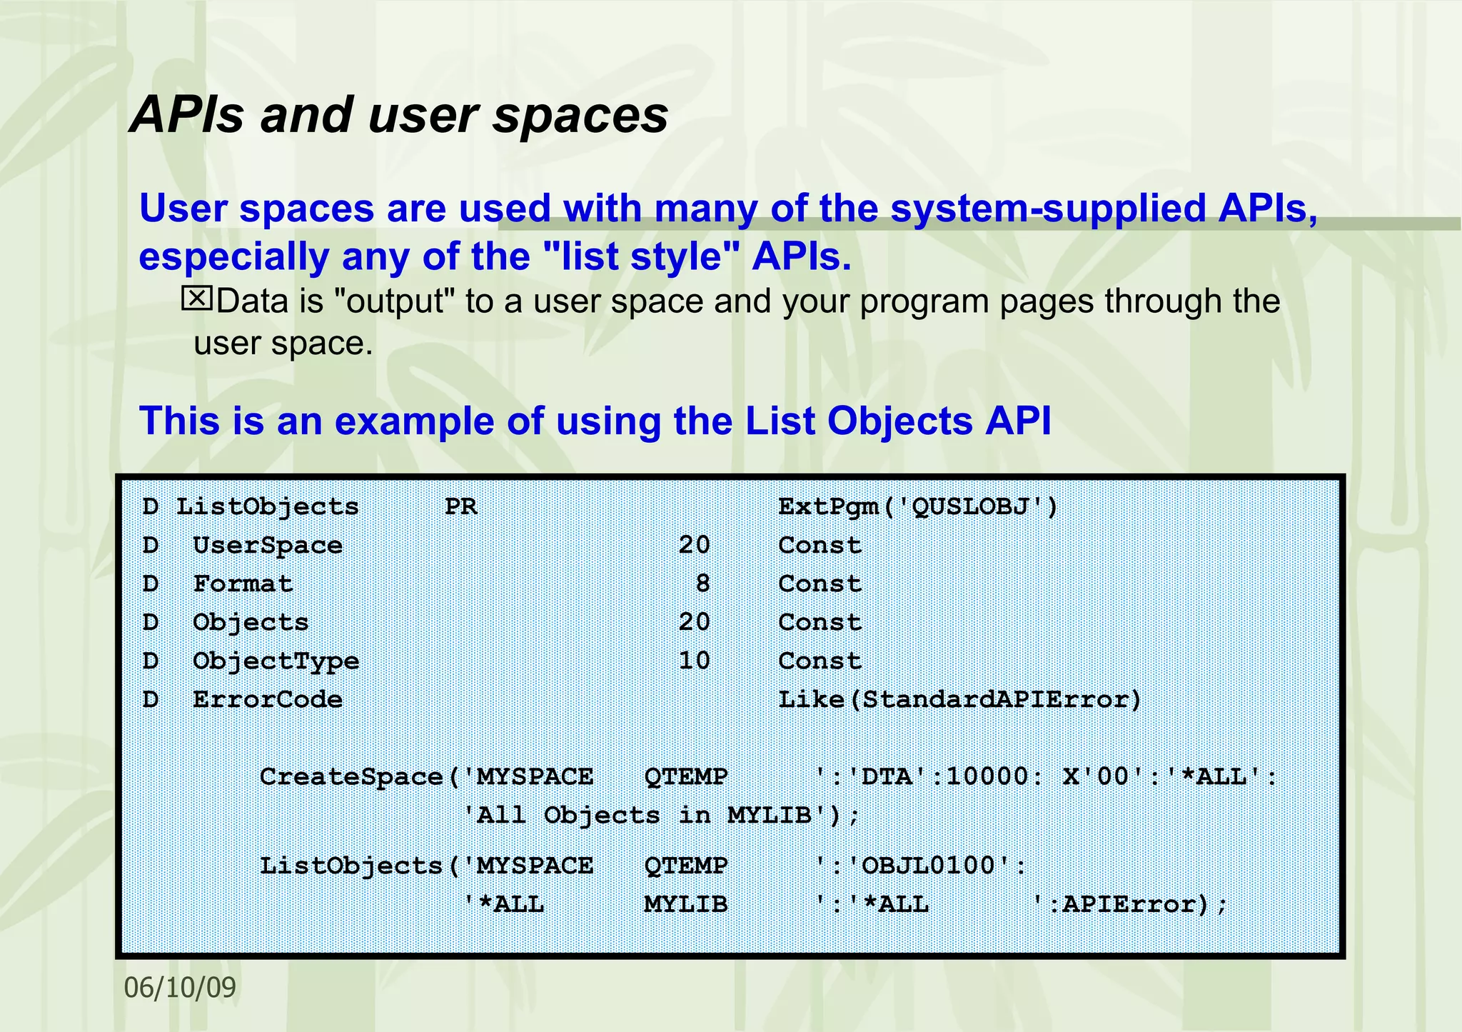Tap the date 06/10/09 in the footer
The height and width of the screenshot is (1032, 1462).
click(180, 988)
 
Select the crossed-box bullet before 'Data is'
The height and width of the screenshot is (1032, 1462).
click(196, 299)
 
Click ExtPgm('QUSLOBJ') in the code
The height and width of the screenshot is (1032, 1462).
click(918, 506)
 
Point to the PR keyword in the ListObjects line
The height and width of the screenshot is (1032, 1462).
click(460, 506)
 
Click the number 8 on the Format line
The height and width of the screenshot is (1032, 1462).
click(702, 583)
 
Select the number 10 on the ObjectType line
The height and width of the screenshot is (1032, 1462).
click(694, 661)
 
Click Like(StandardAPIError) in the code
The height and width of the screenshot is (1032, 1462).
click(960, 699)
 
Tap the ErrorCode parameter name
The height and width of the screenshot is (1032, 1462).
click(268, 699)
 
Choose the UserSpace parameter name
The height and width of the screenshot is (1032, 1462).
click(268, 545)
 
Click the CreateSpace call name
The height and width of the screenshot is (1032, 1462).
click(351, 776)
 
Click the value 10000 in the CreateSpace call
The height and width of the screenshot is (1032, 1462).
click(987, 776)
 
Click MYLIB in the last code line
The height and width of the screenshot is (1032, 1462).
click(685, 904)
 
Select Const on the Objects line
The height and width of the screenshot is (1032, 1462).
click(820, 622)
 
